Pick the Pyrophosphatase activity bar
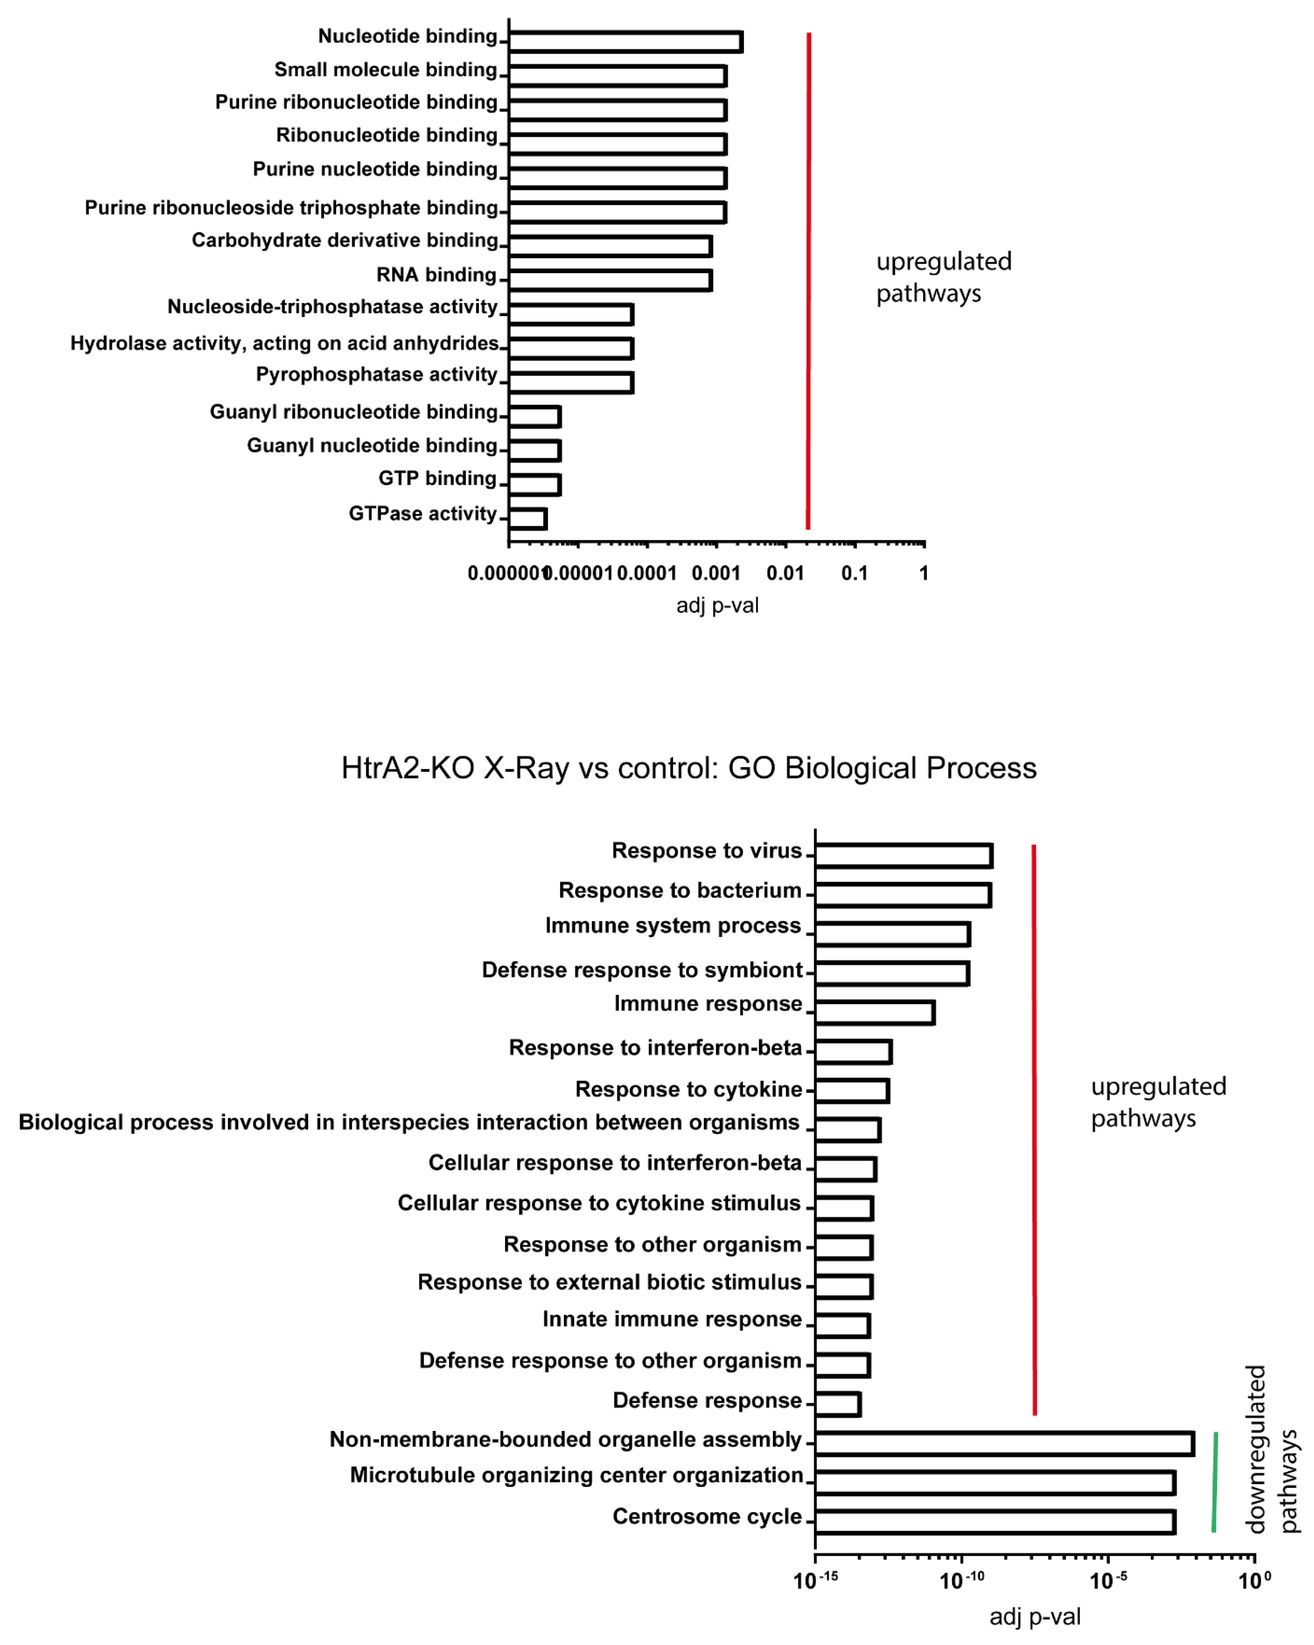coord(571,382)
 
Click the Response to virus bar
coord(903,856)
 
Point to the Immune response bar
coord(874,1012)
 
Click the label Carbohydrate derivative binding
coord(345,240)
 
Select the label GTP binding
coord(437,478)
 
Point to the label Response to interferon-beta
coord(656,1048)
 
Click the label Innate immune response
coord(672,1319)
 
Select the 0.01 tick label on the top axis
coord(785,573)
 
